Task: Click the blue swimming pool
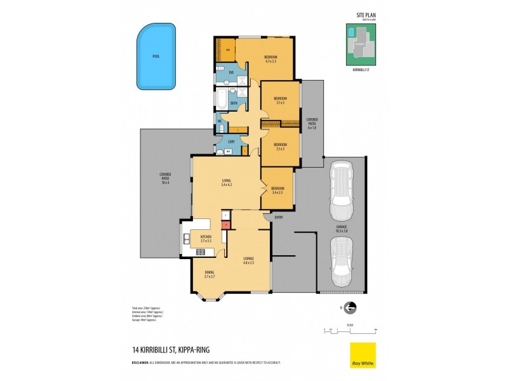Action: coord(156,57)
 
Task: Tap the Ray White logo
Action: coord(363,355)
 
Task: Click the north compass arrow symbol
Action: coord(350,308)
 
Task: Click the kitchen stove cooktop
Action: coord(200,252)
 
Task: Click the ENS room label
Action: coord(231,72)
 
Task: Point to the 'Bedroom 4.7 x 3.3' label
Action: coord(271,60)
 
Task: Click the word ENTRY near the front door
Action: coord(278,218)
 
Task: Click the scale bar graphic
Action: coord(350,330)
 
